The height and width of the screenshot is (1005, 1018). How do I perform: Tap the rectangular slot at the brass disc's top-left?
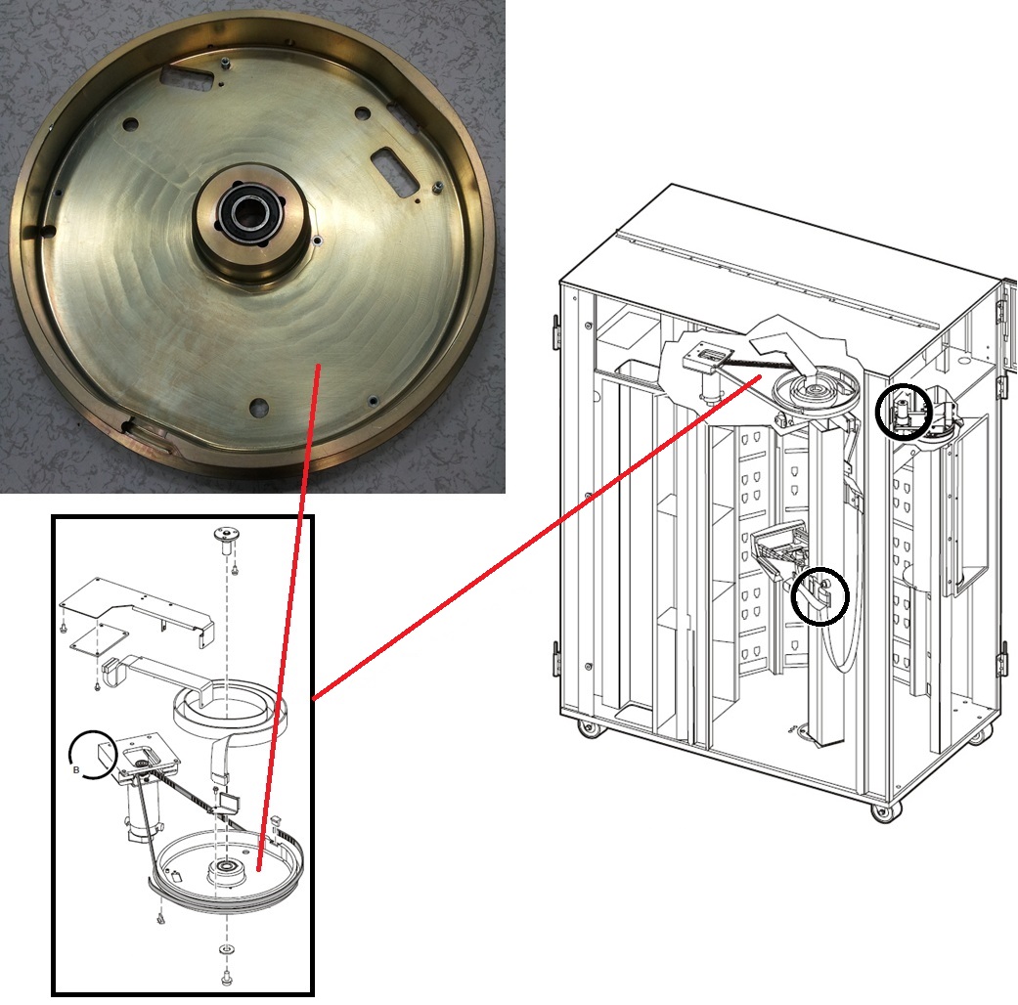coord(187,76)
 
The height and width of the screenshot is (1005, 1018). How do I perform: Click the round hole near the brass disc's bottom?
coord(258,408)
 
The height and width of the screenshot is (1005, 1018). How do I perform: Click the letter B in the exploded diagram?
coord(76,770)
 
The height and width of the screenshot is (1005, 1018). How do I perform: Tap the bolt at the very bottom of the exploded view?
coord(227,976)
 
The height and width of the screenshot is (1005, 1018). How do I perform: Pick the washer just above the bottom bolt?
coord(225,950)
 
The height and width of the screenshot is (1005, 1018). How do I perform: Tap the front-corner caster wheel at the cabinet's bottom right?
coord(880,812)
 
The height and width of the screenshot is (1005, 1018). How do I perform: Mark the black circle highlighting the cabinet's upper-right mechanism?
coord(903,412)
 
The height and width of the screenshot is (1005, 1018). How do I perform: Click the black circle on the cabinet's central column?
coord(820,596)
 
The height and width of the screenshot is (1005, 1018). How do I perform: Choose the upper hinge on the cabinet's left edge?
coord(555,331)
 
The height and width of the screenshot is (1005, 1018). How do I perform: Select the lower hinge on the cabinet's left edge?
coord(555,658)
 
